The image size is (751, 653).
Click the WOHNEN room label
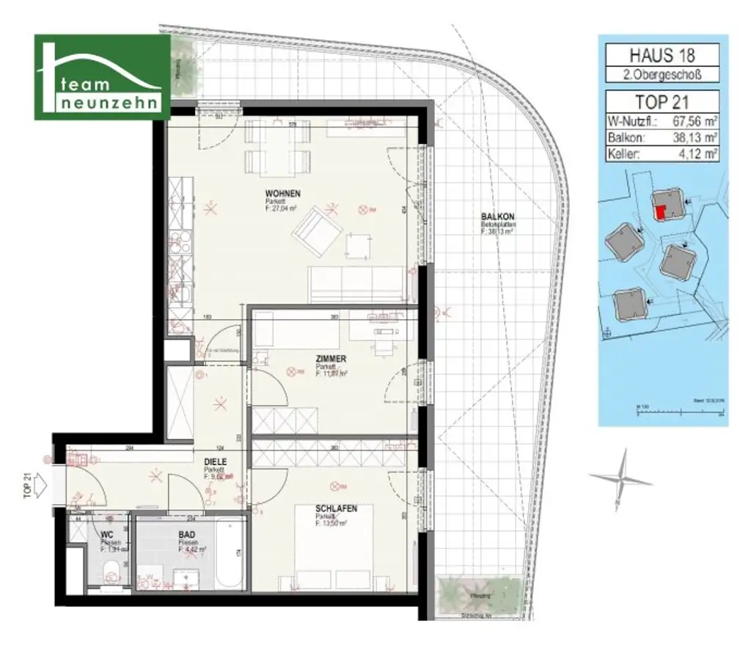coord(282,193)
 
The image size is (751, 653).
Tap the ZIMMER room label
coord(331,359)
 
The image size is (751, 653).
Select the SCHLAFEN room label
coord(336,508)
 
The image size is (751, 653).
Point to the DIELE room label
coord(215,462)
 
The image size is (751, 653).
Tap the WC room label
coord(107,535)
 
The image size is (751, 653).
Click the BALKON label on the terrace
coord(497,217)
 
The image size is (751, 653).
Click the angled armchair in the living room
coord(316,230)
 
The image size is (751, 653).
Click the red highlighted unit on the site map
coord(661,211)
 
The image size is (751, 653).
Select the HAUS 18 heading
coord(662,54)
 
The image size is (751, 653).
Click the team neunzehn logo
coord(103,77)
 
